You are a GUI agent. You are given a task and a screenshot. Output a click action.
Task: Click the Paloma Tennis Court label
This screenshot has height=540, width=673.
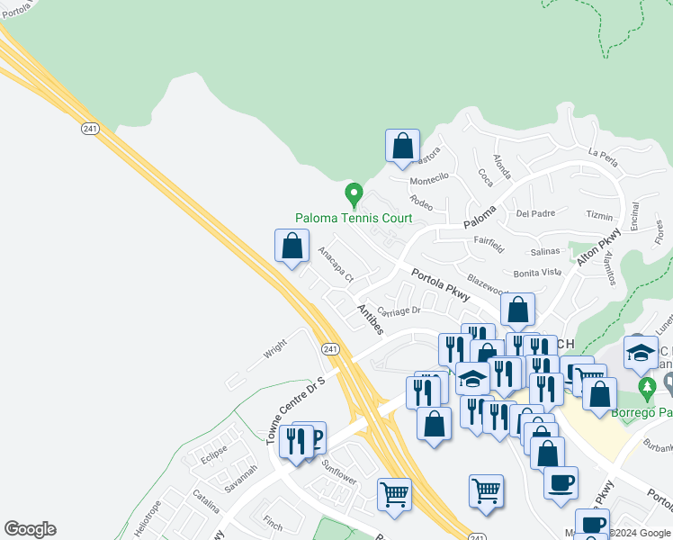(354, 218)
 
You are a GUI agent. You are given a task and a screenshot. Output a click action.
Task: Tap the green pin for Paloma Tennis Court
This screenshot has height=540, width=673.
(354, 193)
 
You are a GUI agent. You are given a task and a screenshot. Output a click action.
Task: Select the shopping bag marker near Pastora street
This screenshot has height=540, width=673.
(402, 146)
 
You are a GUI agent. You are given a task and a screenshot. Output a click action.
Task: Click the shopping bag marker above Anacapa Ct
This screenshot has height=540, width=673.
(292, 246)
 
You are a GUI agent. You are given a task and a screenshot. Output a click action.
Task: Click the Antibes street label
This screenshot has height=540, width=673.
(371, 319)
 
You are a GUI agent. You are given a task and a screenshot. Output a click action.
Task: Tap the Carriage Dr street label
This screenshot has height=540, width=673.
(399, 311)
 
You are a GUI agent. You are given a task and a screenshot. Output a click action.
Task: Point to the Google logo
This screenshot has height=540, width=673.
(30, 529)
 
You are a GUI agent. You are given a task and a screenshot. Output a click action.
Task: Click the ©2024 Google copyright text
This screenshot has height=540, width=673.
(640, 533)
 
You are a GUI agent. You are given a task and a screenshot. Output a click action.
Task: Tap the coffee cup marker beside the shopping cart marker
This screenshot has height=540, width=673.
(561, 481)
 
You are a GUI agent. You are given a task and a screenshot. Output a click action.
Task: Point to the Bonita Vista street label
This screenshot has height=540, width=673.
(537, 272)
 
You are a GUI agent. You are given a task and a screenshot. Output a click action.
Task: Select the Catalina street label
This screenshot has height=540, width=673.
(206, 501)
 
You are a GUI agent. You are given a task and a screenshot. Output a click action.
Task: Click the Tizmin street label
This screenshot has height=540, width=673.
(598, 215)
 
